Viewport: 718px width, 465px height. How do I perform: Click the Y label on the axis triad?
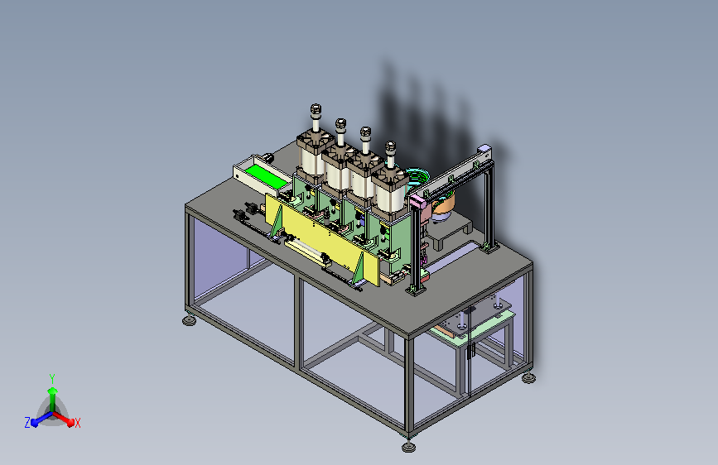(x=52, y=378)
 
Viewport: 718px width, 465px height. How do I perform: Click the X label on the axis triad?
(x=77, y=424)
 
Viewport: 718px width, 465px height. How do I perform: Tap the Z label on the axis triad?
(x=27, y=423)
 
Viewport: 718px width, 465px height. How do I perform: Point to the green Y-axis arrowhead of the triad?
(x=53, y=391)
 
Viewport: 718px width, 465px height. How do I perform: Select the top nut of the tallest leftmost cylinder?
(x=316, y=109)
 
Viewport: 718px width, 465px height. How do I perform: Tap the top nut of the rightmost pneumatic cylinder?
(x=391, y=146)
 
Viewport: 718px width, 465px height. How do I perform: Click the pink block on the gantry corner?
(x=417, y=200)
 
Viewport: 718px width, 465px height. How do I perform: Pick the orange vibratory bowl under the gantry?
(x=443, y=205)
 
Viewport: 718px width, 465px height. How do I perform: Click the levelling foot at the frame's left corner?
(x=189, y=320)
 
